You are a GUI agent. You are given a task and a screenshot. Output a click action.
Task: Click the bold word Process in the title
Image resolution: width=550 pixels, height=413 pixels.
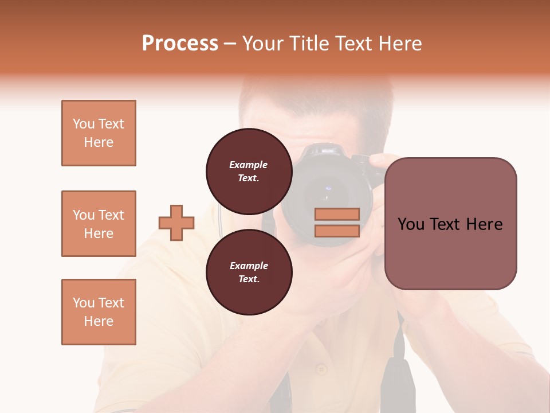tap(180, 44)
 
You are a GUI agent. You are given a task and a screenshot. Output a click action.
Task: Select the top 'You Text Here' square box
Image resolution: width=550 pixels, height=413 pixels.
tap(99, 133)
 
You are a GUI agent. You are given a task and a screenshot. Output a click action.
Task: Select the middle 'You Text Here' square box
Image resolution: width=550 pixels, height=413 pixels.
tap(99, 224)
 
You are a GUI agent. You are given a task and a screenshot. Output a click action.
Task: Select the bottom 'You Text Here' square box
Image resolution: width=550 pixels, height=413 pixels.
tap(99, 311)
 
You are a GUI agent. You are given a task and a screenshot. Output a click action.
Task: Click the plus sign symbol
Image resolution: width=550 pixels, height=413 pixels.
tap(176, 223)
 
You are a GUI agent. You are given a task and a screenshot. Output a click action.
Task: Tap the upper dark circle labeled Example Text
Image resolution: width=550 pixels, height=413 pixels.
tap(249, 171)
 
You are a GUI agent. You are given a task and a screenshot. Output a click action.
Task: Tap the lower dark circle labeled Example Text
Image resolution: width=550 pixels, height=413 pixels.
tap(249, 272)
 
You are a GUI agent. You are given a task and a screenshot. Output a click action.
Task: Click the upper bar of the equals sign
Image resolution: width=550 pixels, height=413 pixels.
tap(337, 214)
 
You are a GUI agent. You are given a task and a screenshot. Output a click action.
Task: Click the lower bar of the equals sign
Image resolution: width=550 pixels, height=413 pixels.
tap(337, 231)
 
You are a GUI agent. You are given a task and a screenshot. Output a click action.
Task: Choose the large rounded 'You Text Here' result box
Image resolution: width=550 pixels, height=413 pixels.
tap(450, 223)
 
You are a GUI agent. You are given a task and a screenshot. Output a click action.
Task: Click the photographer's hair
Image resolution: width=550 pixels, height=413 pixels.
tap(321, 98)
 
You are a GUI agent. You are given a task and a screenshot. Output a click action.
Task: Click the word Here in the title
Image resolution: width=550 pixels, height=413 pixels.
tap(400, 44)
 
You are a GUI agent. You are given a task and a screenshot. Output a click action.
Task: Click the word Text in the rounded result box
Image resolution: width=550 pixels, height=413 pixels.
tap(450, 224)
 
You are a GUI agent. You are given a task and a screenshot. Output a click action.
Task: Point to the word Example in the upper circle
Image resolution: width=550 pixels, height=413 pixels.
tap(249, 165)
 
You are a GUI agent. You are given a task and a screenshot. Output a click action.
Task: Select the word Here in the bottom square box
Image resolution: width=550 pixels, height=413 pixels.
tap(99, 321)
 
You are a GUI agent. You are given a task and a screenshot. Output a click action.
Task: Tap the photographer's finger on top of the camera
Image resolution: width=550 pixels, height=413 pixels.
tap(378, 161)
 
